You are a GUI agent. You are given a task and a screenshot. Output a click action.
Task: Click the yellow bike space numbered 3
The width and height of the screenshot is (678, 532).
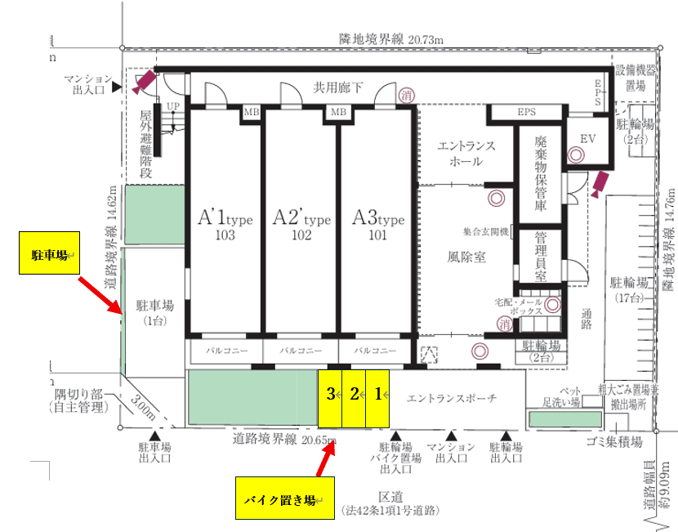[330, 398]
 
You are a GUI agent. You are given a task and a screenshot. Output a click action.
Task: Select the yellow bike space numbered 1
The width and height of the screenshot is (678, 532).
[377, 398]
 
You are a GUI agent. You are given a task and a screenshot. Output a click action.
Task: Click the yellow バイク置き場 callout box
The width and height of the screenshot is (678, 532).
[279, 498]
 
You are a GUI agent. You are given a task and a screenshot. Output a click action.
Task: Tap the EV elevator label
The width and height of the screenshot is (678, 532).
[589, 140]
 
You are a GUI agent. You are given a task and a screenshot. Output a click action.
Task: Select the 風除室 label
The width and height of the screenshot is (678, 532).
[467, 257]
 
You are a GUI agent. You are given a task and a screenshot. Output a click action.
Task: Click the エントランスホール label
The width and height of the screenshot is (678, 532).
[466, 154]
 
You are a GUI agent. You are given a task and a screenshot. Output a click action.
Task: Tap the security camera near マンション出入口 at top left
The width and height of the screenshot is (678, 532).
[145, 80]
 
